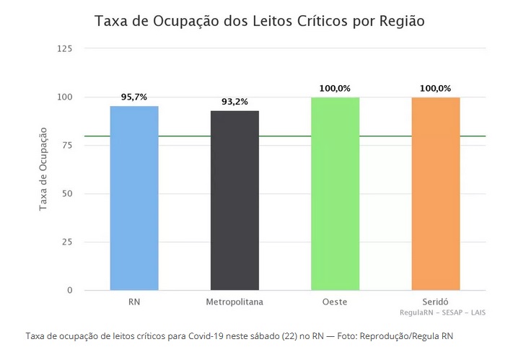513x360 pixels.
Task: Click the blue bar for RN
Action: click(134, 198)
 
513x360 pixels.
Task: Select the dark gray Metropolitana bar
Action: click(234, 201)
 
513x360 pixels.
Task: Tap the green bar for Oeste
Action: click(336, 193)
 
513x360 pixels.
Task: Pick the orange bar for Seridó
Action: click(436, 193)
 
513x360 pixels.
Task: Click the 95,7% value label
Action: click(134, 96)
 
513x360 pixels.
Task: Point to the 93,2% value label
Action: click(234, 101)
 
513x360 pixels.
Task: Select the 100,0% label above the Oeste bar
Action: click(335, 88)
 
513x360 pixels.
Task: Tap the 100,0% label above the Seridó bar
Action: click(435, 88)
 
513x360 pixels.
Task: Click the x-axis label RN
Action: click(134, 302)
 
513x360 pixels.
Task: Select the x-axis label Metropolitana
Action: click(234, 302)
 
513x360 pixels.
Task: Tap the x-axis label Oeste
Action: click(335, 302)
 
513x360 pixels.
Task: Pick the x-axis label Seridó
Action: click(435, 302)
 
